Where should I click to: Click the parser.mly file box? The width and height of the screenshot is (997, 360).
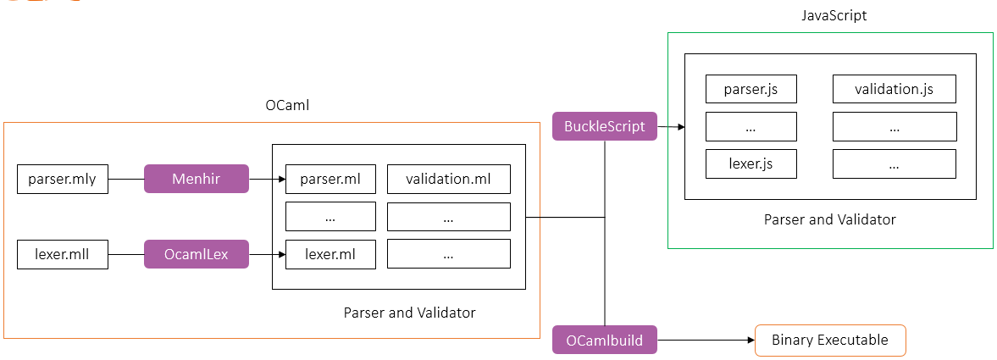tap(63, 180)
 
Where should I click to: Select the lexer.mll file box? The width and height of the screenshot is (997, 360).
tap(63, 254)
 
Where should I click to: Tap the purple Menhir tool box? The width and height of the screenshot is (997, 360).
tap(197, 180)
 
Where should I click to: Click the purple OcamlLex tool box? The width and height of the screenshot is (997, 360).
tap(197, 254)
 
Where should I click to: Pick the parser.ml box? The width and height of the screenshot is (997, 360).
tap(330, 180)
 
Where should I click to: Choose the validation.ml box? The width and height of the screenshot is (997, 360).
tap(449, 180)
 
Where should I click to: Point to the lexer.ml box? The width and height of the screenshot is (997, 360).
tap(330, 254)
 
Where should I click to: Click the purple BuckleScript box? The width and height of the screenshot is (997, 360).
tap(604, 126)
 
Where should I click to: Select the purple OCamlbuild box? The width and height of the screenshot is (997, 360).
tap(604, 341)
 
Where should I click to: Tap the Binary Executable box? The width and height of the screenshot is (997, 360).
tap(829, 341)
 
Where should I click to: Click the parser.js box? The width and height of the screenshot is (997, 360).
tap(751, 89)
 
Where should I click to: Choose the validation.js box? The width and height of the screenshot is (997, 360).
tap(894, 89)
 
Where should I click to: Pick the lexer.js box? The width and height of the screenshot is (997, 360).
tap(751, 163)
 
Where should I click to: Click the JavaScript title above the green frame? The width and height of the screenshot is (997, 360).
tap(834, 16)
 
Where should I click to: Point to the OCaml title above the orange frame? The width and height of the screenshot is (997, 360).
tap(287, 105)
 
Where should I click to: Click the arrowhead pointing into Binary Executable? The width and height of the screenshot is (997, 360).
tap(750, 341)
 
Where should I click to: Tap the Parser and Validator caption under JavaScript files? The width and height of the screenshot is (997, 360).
tap(829, 219)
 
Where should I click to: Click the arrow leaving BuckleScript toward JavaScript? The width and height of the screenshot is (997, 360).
tap(671, 127)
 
